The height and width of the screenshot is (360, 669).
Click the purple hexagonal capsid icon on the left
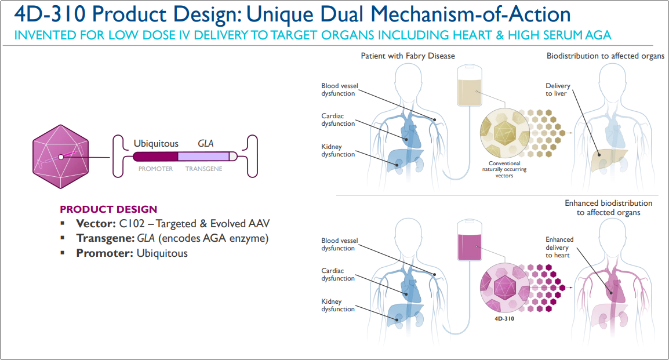click(x=60, y=157)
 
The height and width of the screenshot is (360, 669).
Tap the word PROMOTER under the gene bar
click(x=155, y=169)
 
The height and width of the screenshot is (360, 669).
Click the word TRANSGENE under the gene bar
click(x=203, y=169)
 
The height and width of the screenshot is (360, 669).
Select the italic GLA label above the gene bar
click(x=206, y=143)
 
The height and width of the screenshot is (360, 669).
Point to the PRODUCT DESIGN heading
click(x=108, y=209)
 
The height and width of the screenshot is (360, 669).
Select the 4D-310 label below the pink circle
click(x=502, y=318)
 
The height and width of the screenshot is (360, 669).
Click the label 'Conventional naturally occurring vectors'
click(x=501, y=170)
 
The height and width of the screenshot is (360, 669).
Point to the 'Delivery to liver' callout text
click(x=558, y=89)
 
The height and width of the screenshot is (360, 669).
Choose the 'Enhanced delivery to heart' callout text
click(x=559, y=247)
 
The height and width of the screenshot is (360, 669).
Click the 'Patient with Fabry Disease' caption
click(x=408, y=56)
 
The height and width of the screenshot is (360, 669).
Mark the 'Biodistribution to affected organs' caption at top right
click(x=605, y=56)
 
